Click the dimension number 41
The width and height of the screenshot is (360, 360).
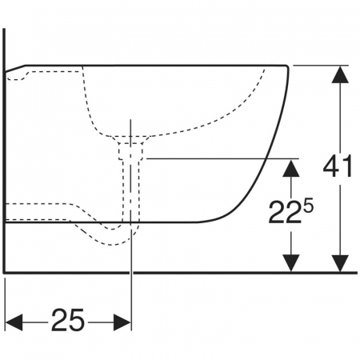[338, 166]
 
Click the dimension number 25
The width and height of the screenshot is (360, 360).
[68, 320]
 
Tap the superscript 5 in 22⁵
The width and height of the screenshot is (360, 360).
[309, 206]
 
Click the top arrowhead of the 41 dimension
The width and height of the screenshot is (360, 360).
[340, 74]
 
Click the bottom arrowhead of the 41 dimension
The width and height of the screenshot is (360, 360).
[340, 263]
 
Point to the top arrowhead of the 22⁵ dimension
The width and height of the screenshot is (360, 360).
[291, 168]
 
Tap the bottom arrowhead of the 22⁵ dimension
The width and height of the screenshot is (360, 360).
[291, 263]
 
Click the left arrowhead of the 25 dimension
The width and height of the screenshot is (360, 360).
[14, 322]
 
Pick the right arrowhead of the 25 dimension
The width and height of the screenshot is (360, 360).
[122, 322]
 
